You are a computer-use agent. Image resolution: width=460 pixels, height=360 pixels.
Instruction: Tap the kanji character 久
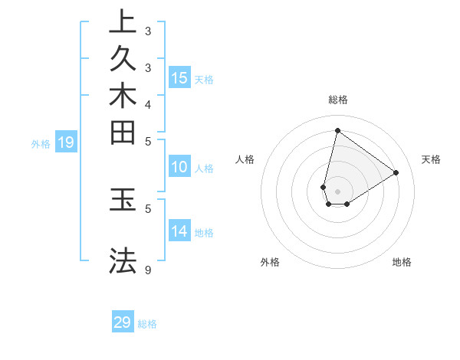(x=123, y=60)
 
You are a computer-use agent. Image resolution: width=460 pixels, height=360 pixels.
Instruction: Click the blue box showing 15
(x=179, y=77)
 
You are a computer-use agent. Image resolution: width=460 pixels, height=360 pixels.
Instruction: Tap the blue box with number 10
(x=179, y=167)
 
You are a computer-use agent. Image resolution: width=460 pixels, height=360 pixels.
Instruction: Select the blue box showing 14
(x=179, y=231)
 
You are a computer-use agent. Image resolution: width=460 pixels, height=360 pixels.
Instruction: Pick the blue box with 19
(x=66, y=142)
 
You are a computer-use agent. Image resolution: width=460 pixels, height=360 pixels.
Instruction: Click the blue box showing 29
(x=123, y=322)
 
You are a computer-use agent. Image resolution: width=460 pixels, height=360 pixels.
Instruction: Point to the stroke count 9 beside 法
(x=148, y=270)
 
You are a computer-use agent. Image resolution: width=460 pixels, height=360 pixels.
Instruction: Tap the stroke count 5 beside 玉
(x=148, y=207)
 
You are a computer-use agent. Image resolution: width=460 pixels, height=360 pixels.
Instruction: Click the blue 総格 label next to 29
(x=147, y=324)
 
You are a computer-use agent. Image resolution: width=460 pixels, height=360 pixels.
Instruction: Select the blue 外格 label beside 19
(x=41, y=143)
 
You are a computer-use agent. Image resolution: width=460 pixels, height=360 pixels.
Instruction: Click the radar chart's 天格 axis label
(x=431, y=159)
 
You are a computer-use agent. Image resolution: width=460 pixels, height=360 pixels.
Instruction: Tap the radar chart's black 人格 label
(x=245, y=159)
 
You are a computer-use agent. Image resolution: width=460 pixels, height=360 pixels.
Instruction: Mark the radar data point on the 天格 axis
(x=396, y=172)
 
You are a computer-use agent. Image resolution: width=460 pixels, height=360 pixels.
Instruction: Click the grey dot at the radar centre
(x=338, y=191)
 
